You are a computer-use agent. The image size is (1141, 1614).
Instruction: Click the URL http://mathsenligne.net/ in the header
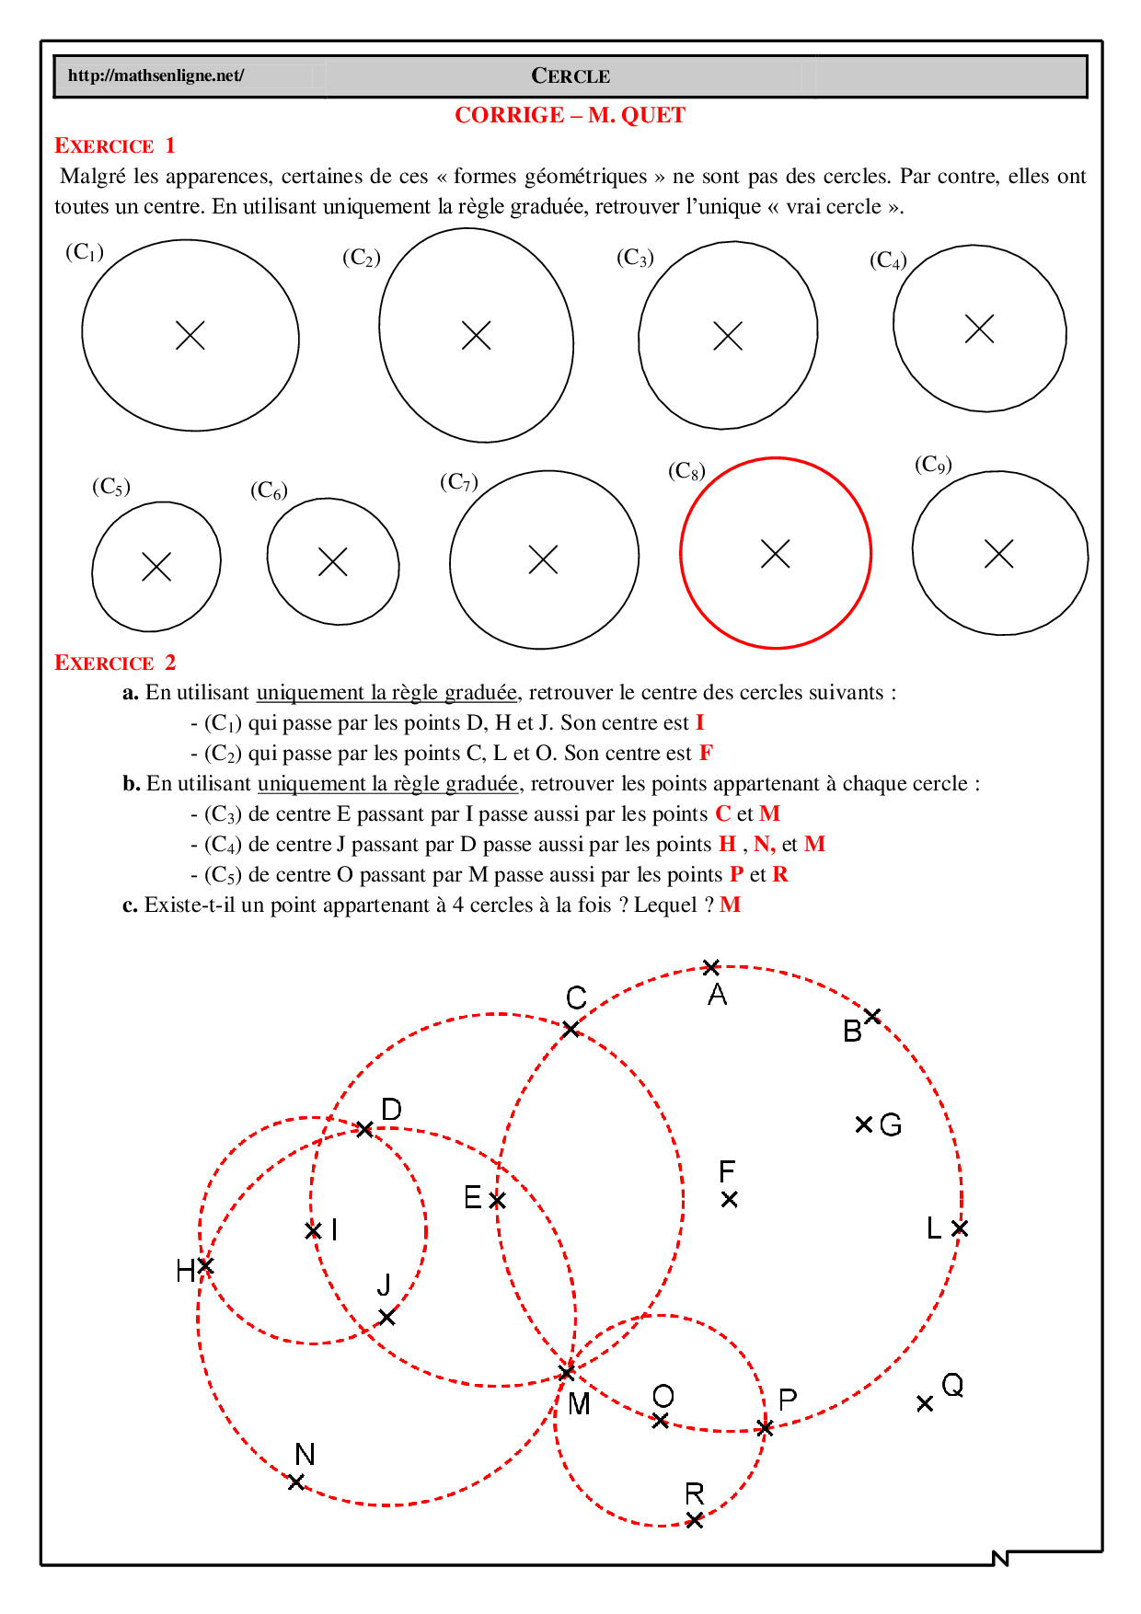click(156, 75)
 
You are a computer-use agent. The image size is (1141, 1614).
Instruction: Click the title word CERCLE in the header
click(570, 76)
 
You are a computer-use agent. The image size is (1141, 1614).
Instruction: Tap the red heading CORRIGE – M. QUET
click(570, 116)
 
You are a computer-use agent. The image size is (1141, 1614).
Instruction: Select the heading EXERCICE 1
click(114, 145)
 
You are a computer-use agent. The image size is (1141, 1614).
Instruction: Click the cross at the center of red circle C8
click(776, 554)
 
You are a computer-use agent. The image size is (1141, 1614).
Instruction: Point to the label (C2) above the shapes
click(361, 258)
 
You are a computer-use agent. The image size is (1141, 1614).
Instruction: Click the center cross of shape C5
click(156, 566)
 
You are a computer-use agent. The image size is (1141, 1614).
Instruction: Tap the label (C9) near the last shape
click(932, 465)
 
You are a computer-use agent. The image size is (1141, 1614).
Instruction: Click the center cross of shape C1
click(190, 335)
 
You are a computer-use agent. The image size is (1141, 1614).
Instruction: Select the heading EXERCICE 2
click(114, 663)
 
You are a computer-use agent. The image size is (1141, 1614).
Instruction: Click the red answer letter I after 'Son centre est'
click(699, 722)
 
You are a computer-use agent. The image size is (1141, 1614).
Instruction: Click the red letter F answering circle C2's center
click(706, 753)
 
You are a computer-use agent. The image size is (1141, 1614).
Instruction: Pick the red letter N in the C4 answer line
click(763, 844)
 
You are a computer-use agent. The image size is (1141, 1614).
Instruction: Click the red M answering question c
click(731, 905)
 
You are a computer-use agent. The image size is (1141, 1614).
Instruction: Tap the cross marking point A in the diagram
click(711, 967)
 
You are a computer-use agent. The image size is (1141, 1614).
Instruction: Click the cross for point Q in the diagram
click(925, 1403)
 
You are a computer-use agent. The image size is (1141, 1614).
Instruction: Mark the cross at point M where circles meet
click(568, 1373)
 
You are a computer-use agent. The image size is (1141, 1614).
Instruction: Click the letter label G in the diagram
click(890, 1124)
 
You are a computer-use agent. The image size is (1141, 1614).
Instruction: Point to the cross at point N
click(296, 1482)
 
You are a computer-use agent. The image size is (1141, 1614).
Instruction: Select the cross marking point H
click(205, 1266)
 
